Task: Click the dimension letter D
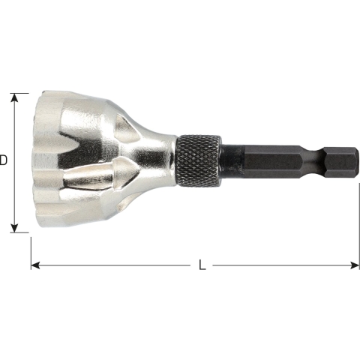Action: (x=4, y=160)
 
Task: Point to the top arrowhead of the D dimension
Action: (x=13, y=97)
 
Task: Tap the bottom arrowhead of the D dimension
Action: (x=13, y=228)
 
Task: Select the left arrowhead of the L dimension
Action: (x=34, y=265)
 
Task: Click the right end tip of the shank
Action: (x=352, y=160)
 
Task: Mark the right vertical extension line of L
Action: (x=358, y=225)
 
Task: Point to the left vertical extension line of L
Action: (x=30, y=251)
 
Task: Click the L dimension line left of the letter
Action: (x=112, y=265)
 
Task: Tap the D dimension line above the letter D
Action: (x=13, y=127)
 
